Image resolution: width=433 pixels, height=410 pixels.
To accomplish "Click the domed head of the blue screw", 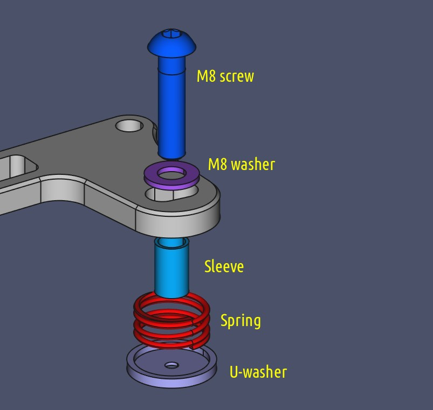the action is click(171, 44).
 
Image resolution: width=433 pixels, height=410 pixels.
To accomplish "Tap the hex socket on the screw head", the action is click(171, 33).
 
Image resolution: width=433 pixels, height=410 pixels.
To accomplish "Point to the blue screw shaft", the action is click(171, 108).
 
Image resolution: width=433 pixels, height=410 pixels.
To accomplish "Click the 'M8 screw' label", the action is click(225, 76).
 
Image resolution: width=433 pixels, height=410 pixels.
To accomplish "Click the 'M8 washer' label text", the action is click(242, 165).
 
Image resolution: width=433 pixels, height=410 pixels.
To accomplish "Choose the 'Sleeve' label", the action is click(224, 266).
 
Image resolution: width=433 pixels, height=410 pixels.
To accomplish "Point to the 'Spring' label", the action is click(240, 321).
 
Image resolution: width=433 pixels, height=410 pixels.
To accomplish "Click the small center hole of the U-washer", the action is click(171, 365).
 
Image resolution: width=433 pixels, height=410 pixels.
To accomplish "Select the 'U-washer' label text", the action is click(258, 372).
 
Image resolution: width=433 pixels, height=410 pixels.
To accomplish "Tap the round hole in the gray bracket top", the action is click(129, 126).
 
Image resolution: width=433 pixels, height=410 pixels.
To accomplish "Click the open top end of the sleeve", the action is click(171, 242).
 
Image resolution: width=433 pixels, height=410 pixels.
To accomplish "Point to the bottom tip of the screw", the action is click(171, 158).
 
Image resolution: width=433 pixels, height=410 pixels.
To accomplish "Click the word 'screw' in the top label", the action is click(237, 76).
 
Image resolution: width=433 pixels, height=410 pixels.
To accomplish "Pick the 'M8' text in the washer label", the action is click(217, 165).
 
